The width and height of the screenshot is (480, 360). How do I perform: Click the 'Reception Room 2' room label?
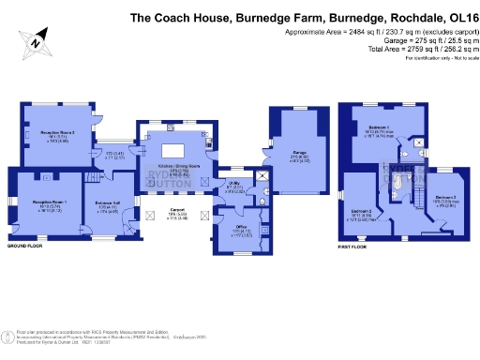[x=57, y=133]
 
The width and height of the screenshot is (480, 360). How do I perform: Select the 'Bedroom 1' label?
[x=378, y=126]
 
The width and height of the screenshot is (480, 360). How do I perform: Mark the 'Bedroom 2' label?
[x=362, y=211]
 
